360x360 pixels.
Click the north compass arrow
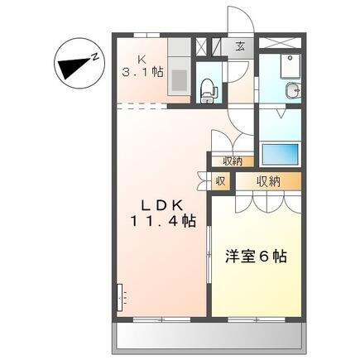pos(76,65)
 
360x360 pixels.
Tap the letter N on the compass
pos(96,57)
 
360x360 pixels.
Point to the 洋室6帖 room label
pos(257,257)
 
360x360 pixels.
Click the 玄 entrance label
pos(239,46)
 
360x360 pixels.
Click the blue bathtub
pos(279,155)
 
